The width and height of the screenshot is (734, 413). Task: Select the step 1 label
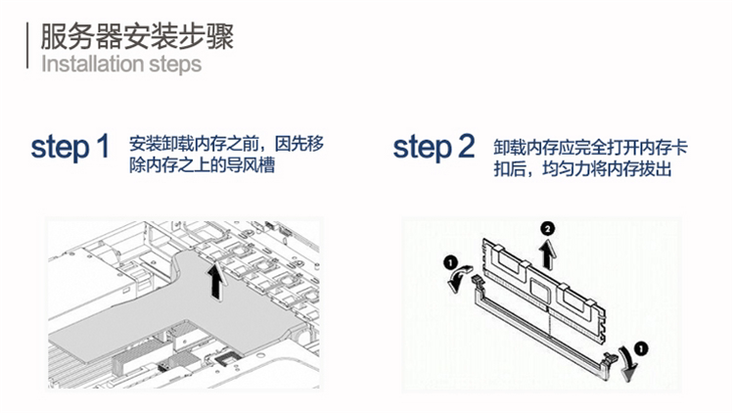coord(69,148)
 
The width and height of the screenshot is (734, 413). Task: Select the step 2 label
coord(434,148)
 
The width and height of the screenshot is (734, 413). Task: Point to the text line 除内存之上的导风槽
coord(202,166)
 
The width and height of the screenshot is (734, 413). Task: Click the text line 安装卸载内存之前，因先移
coord(226,144)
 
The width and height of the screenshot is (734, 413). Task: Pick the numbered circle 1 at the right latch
coord(640,346)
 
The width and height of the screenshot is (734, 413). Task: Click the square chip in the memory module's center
coord(542,289)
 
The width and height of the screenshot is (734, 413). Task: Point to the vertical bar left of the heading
coord(26,45)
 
